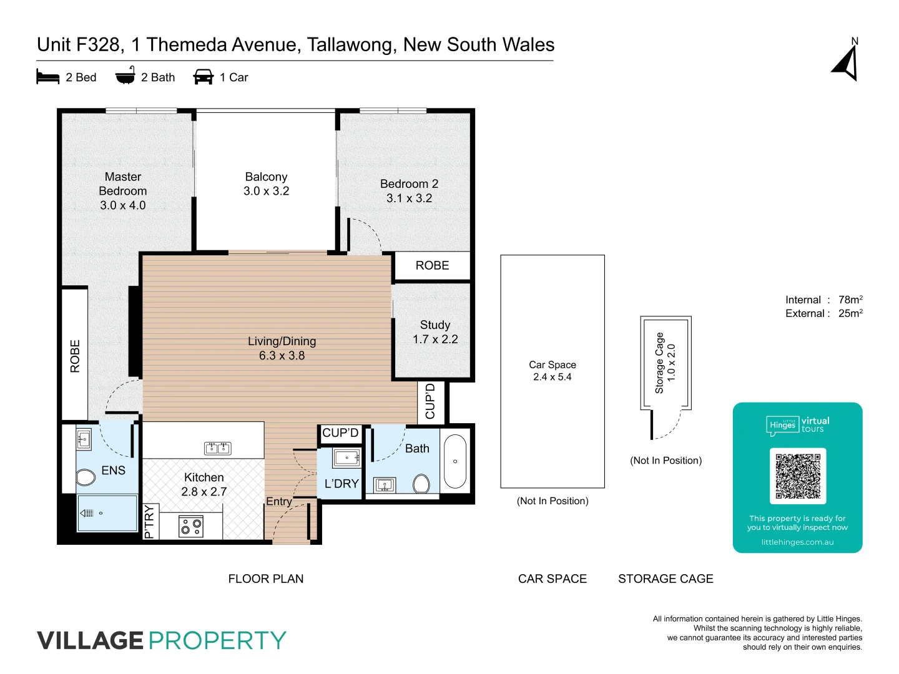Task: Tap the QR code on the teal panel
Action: pos(798,476)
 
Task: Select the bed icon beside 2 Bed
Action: pos(48,77)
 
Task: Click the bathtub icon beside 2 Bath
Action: pos(125,76)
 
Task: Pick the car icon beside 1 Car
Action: pos(204,77)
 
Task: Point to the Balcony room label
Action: pos(266,177)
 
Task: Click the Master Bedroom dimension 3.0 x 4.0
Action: pos(123,205)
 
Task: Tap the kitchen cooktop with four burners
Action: pos(191,526)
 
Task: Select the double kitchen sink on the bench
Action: pos(218,448)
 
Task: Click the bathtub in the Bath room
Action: pos(455,461)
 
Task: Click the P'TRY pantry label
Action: pos(149,522)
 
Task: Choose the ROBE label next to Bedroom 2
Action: pos(432,266)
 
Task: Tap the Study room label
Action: pos(435,325)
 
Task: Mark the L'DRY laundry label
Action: pos(341,484)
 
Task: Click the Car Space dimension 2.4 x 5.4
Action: pos(553,377)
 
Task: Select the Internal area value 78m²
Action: pos(850,300)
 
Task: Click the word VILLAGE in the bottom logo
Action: pos(91,641)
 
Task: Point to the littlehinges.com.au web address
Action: pos(797,542)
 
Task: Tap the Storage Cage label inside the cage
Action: pos(659,363)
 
